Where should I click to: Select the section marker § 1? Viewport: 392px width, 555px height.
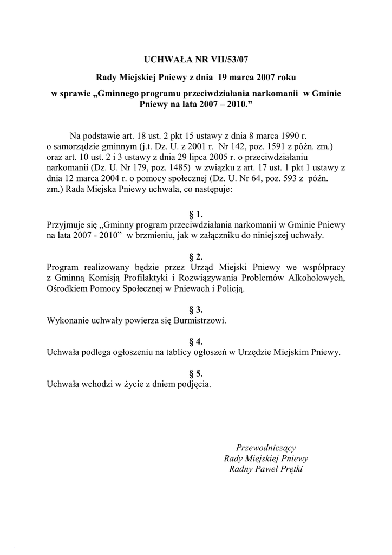(195, 214)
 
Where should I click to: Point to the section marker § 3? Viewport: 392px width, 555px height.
(195, 309)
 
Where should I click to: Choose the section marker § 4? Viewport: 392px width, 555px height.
(195, 341)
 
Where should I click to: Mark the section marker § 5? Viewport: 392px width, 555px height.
(195, 373)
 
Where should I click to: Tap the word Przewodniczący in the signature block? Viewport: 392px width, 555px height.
(265, 447)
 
